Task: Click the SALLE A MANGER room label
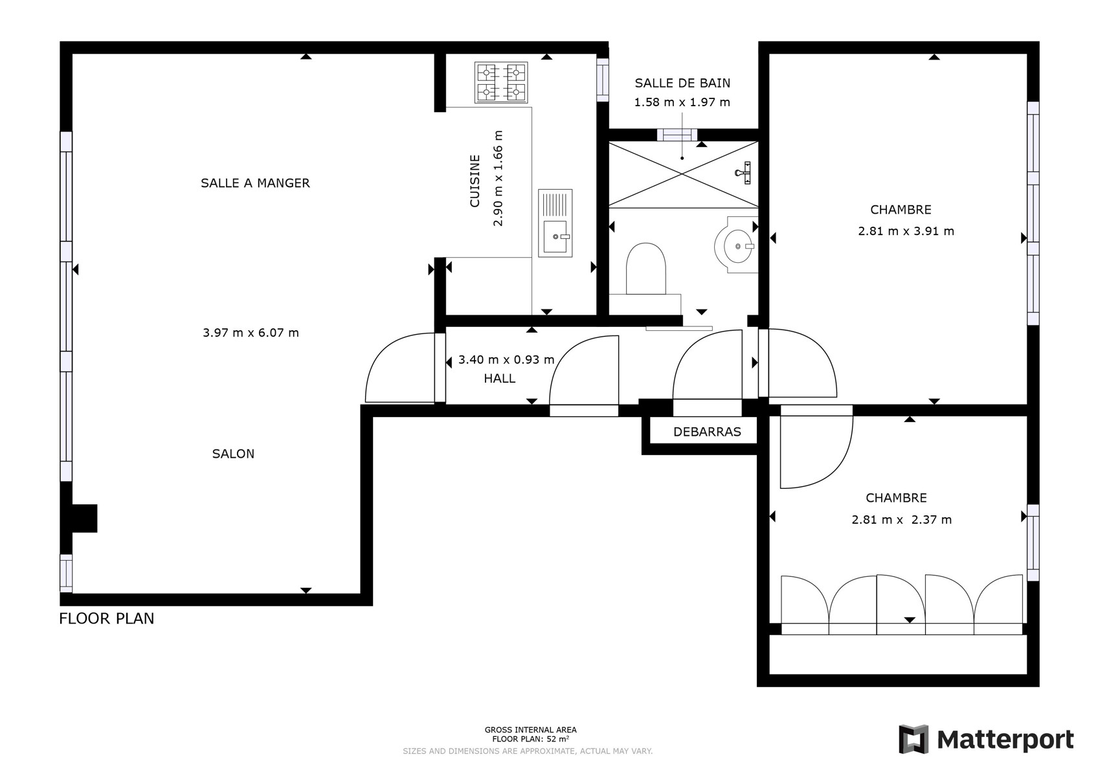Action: coord(255,183)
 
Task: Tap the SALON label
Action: coord(233,454)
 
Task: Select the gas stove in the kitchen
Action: coord(501,82)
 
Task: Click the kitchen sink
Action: coord(555,223)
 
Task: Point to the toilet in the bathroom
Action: coord(645,269)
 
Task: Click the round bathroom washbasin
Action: coord(736,245)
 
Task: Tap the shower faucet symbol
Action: coord(744,172)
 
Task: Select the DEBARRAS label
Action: coord(707,432)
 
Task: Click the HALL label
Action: coord(500,378)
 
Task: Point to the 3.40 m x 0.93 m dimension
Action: coord(506,360)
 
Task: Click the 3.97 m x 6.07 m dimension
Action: coord(251,333)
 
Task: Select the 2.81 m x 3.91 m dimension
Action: coord(906,231)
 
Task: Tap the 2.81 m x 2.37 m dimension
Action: coord(901,520)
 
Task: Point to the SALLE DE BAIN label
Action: coord(682,84)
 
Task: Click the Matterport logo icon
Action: coord(913,739)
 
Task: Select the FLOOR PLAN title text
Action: coord(106,618)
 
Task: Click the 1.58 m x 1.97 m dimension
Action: coord(682,102)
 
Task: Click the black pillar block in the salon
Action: coord(84,518)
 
